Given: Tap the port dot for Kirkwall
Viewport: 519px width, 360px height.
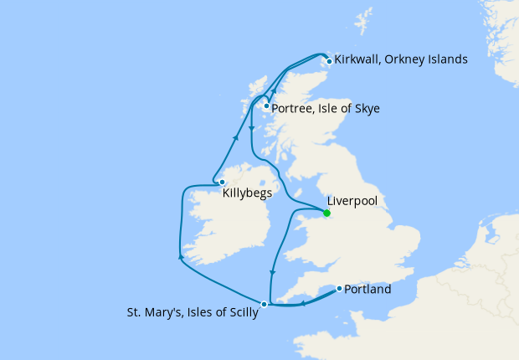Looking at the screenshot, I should [330, 61].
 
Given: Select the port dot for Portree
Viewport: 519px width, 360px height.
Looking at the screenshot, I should [266, 106].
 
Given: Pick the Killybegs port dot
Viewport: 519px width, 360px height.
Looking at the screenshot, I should [222, 182].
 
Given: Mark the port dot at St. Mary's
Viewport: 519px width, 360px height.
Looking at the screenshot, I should [265, 304].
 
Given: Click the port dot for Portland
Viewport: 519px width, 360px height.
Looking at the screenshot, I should [339, 289].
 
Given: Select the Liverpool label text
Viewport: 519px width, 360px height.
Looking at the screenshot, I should [351, 202].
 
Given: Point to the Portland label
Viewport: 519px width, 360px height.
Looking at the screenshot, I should [367, 291].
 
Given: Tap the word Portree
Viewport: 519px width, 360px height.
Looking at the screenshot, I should [297, 108].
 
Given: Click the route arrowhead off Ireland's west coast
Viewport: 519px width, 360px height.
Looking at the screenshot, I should [180, 257].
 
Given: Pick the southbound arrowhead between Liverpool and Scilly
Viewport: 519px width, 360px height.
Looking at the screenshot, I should [274, 273].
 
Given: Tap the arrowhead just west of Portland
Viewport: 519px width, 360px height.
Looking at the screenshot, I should [303, 301].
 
